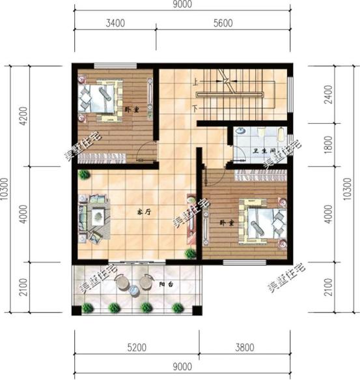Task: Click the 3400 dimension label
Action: [x=114, y=23]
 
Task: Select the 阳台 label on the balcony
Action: [x=166, y=285]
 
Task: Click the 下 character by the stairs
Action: [x=195, y=106]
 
